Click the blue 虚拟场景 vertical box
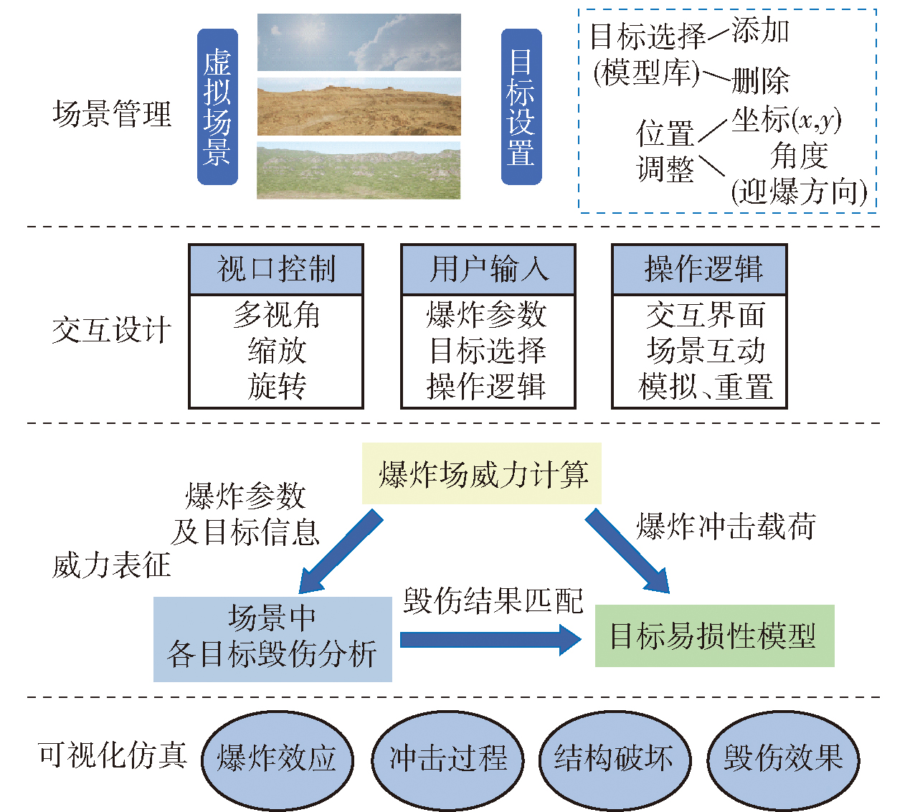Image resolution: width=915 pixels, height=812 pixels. tap(217, 107)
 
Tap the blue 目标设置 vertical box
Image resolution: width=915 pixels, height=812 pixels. tap(521, 107)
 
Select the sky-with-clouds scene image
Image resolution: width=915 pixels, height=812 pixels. tap(359, 42)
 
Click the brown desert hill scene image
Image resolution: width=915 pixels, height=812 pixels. tap(359, 107)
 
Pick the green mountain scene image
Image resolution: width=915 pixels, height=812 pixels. tap(359, 171)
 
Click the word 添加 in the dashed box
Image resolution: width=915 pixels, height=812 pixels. tap(760, 32)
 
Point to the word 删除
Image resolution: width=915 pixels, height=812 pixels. tap(760, 80)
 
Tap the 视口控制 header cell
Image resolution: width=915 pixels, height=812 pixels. tap(276, 270)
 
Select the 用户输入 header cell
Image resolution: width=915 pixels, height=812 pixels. tap(488, 270)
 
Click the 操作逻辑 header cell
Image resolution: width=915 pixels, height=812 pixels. tap(699, 270)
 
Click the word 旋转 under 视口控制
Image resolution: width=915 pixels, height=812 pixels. tap(277, 386)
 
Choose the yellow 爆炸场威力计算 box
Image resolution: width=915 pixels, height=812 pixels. tap(482, 474)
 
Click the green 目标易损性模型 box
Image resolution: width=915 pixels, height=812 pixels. tap(714, 636)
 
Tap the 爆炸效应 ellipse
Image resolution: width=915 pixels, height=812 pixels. tap(277, 759)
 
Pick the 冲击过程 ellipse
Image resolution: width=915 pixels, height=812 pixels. tap(447, 759)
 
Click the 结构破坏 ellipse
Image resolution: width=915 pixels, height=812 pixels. tap(614, 759)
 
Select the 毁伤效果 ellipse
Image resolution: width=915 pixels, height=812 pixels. tap(783, 759)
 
